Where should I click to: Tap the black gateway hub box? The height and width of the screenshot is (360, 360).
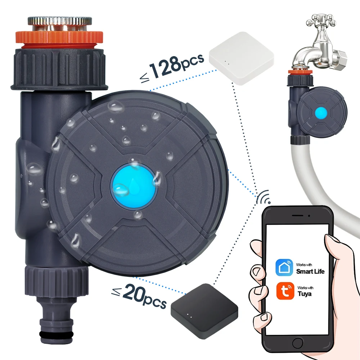point(204,307)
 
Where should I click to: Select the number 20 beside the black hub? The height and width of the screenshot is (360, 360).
point(134,293)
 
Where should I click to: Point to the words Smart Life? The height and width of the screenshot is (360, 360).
point(310,271)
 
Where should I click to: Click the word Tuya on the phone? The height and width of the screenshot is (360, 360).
point(305,294)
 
